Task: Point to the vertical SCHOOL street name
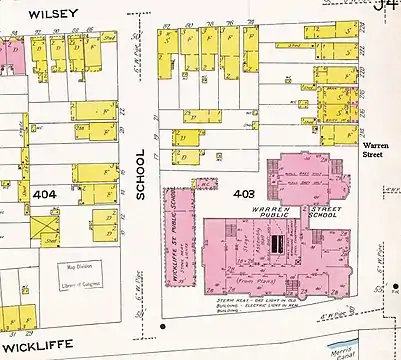(x=141, y=175)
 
